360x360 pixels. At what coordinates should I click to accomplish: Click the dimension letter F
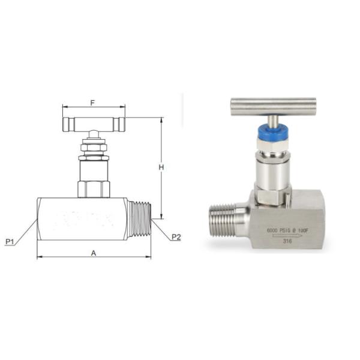coord(92,103)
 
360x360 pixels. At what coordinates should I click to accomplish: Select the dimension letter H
coord(161,167)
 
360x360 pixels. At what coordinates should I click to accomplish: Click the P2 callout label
coord(176,236)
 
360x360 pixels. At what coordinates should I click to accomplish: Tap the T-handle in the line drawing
coord(94,123)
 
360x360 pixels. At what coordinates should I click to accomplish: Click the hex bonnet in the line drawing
coord(94,187)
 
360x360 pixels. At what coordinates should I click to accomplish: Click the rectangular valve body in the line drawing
coord(80,219)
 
